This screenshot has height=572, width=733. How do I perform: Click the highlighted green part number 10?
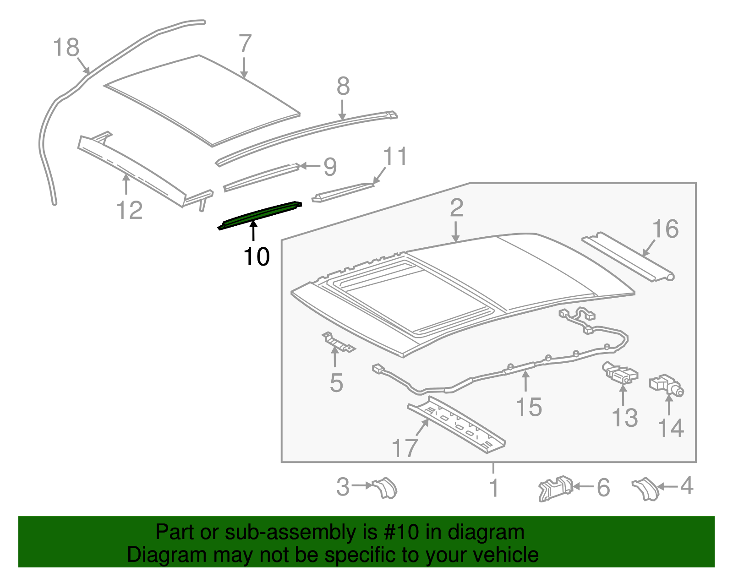click(260, 214)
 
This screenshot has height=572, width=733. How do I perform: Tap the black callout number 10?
click(257, 257)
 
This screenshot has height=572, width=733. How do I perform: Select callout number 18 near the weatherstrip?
click(66, 48)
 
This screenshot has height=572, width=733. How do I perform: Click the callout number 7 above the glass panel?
click(245, 44)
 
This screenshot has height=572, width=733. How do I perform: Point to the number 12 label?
click(129, 211)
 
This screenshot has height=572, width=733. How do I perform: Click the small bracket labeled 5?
click(338, 343)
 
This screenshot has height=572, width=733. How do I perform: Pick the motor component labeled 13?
click(620, 373)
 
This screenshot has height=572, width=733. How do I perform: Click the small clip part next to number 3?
click(385, 487)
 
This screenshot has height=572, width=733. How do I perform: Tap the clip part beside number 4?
click(645, 489)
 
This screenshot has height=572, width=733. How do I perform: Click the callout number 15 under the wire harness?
click(529, 407)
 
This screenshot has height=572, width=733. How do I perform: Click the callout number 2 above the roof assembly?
click(456, 208)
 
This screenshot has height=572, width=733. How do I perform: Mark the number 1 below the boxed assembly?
click(494, 488)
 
